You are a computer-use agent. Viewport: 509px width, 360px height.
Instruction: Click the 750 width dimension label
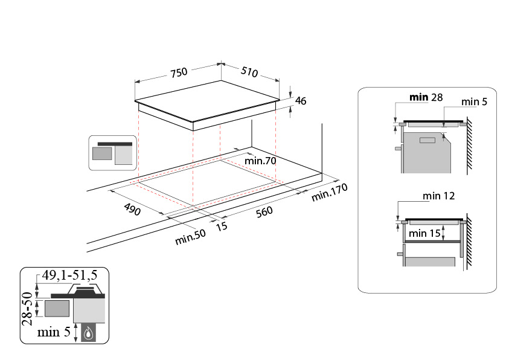(x=179, y=72)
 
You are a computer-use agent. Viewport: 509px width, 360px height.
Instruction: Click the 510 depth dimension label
(x=249, y=72)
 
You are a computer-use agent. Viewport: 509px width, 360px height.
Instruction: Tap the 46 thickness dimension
(x=301, y=101)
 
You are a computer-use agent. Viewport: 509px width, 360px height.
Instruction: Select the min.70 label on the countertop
(x=260, y=161)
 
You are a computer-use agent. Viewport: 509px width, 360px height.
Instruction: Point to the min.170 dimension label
(x=330, y=192)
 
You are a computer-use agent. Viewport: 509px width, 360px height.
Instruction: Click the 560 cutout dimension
(x=264, y=212)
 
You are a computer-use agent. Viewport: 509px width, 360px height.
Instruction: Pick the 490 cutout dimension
(x=132, y=210)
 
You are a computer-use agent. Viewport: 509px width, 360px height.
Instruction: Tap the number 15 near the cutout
(x=222, y=227)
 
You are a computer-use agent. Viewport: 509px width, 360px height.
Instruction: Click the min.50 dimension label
(x=190, y=237)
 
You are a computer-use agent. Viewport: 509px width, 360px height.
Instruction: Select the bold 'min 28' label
(x=426, y=97)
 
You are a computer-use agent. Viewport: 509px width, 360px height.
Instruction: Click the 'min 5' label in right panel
(x=474, y=101)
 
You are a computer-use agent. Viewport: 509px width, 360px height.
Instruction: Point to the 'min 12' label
(x=438, y=196)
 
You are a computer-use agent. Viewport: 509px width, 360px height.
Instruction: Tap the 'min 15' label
(x=424, y=233)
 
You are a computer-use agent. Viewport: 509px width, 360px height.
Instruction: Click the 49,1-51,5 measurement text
(x=69, y=275)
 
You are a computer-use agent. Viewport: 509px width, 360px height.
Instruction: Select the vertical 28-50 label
(x=28, y=309)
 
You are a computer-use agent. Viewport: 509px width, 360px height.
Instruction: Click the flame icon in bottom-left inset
(x=89, y=333)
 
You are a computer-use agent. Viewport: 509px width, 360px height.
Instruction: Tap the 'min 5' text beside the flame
(x=54, y=332)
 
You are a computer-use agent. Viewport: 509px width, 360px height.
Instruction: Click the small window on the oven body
(x=427, y=140)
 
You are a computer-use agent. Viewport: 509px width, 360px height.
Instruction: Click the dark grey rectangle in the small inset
(x=102, y=153)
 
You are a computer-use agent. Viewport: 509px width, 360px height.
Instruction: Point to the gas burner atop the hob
(x=85, y=289)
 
